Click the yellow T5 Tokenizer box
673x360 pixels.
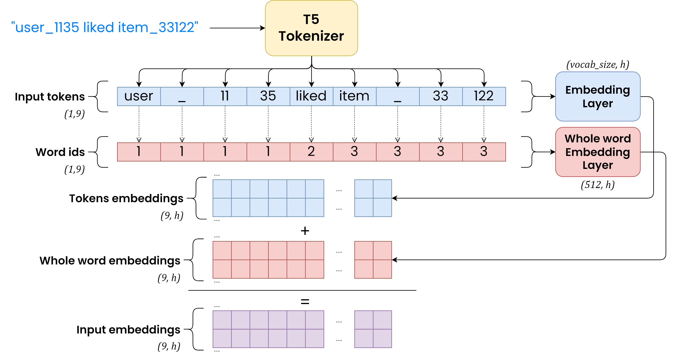(x=311, y=28)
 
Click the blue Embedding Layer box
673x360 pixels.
(x=597, y=96)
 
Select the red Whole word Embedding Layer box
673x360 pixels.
(x=597, y=152)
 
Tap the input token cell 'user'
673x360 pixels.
(x=139, y=96)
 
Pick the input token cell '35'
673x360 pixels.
(x=268, y=96)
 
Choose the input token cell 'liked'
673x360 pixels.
(x=311, y=96)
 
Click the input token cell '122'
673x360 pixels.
(x=484, y=96)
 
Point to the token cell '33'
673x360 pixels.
(x=441, y=96)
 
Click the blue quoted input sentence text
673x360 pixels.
(x=105, y=27)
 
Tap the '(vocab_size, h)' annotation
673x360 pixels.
(x=597, y=65)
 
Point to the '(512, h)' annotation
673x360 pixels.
(x=597, y=185)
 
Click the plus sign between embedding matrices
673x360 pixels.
(x=305, y=231)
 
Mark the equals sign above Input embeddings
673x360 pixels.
(x=305, y=302)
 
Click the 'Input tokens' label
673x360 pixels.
(x=50, y=97)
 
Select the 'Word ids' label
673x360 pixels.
(x=60, y=152)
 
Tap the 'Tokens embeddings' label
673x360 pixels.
(x=126, y=198)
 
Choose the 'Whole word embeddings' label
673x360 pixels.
(x=110, y=261)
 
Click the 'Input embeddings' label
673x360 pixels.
(x=128, y=330)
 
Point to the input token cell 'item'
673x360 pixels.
(x=354, y=96)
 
